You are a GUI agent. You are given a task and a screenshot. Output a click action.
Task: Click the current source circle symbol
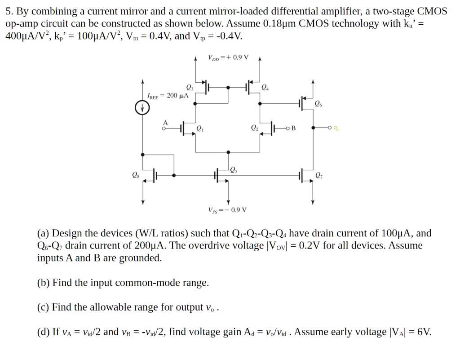(142, 108)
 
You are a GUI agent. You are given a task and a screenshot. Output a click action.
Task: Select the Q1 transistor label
(199, 129)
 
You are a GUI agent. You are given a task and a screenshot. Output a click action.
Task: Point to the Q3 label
(189, 87)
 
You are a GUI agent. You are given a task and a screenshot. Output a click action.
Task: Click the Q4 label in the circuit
(265, 87)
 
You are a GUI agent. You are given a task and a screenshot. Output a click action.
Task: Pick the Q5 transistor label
(234, 169)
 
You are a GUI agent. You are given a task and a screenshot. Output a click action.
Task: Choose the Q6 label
(318, 104)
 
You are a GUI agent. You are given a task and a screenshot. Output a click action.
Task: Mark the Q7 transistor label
(318, 175)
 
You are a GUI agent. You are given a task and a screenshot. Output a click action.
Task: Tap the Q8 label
(134, 175)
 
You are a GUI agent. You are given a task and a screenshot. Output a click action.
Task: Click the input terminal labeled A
(165, 123)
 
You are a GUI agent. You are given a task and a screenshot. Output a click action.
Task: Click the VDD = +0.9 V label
(228, 58)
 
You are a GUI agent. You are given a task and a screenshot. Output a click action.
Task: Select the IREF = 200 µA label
(168, 96)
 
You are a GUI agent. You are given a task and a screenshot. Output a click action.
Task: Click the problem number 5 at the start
(9, 12)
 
